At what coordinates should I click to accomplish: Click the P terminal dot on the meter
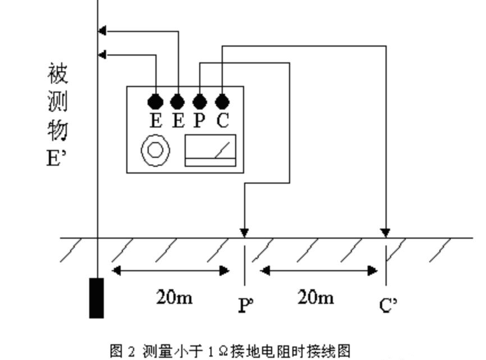pos(200,102)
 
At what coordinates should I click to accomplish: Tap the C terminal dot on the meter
pos(222,102)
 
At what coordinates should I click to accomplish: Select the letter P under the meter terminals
pos(200,121)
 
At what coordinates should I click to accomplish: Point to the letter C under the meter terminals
pos(223,121)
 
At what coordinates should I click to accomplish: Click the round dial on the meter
pos(155,151)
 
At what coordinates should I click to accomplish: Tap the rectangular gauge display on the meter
pos(210,151)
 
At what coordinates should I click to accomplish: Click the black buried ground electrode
pos(97,298)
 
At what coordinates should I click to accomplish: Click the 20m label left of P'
pos(175,297)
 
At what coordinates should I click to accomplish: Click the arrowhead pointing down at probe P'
pos(244,232)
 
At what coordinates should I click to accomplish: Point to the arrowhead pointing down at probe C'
pos(386,232)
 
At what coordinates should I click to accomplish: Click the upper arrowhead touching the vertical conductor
pos(102,31)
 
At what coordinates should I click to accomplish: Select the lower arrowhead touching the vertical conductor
pos(102,54)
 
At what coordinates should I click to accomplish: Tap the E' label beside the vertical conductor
pos(57,158)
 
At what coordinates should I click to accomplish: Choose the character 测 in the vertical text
pos(58,102)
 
